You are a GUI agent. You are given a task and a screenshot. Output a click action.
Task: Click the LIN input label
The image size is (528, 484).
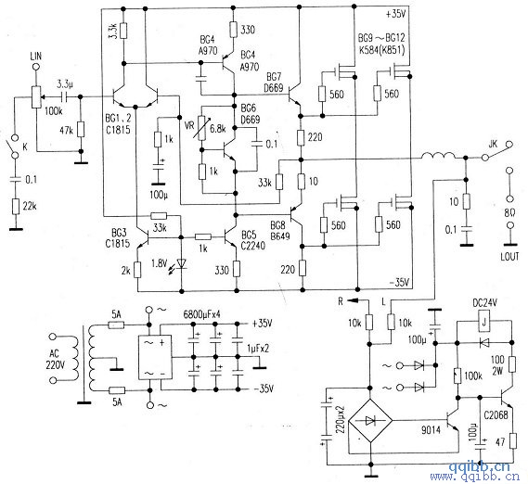pos(37,58)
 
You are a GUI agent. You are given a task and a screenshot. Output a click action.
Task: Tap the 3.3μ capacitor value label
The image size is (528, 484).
pos(67,82)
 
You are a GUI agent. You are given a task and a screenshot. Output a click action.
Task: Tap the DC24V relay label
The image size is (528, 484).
pos(488,304)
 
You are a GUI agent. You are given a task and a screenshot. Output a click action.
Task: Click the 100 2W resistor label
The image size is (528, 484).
pos(500,363)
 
